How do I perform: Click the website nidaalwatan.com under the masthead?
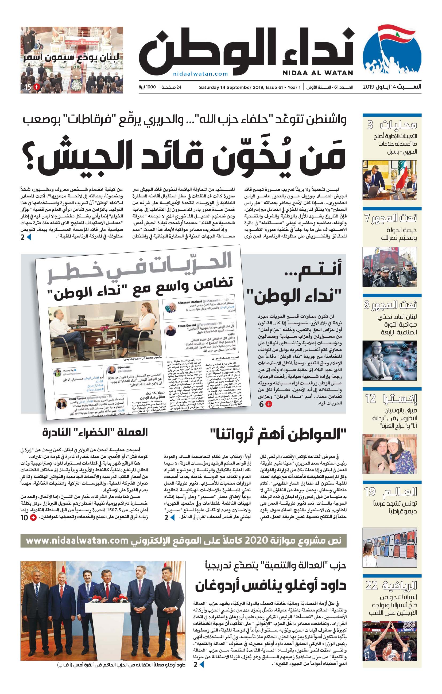[200, 74]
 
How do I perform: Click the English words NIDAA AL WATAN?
[318, 73]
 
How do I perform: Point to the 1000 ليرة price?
[147, 87]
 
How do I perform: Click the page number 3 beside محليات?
[370, 125]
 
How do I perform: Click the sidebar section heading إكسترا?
[400, 399]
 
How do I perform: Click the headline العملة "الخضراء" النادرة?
[95, 432]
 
